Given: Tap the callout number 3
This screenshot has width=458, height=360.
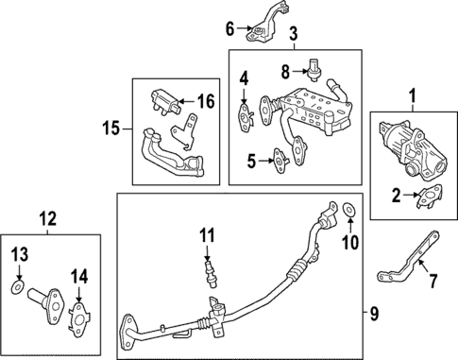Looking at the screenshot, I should (293, 35).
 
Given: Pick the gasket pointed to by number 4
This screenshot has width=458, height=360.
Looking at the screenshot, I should (246, 116).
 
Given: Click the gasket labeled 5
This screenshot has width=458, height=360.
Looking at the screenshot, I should (279, 162).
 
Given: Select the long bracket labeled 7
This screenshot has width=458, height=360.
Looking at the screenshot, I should (408, 266).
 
